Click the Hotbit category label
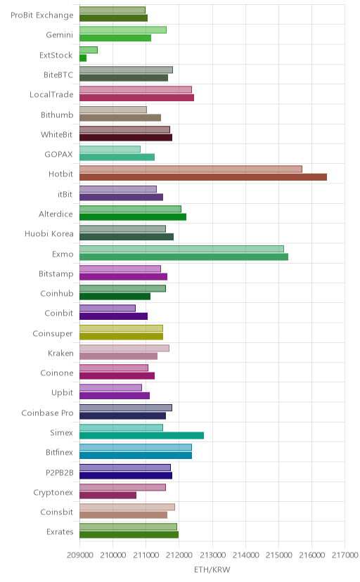pyautogui.click(x=61, y=174)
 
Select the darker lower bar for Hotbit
pyautogui.click(x=203, y=177)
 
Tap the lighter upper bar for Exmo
pyautogui.click(x=181, y=249)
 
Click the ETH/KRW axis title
pyautogui.click(x=212, y=569)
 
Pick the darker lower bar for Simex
pyautogui.click(x=141, y=435)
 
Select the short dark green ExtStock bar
pyautogui.click(x=83, y=58)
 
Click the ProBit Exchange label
pyautogui.click(x=42, y=15)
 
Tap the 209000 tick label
pyautogui.click(x=79, y=555)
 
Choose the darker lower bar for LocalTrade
pyautogui.click(x=136, y=98)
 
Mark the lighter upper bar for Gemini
pyautogui.click(x=123, y=30)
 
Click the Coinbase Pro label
pyautogui.click(x=48, y=413)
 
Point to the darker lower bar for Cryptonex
pyautogui.click(x=108, y=495)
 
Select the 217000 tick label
pyautogui.click(x=345, y=555)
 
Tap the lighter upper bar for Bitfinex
pyautogui.click(x=136, y=448)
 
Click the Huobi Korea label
pyautogui.click(x=49, y=234)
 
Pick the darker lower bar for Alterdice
pyautogui.click(x=133, y=216)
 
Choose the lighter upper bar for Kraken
pyautogui.click(x=124, y=348)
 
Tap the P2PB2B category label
pyautogui.click(x=59, y=473)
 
